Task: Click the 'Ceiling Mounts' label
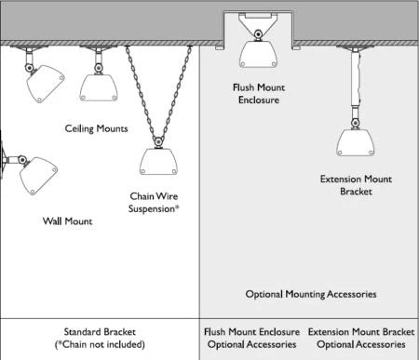point(96,128)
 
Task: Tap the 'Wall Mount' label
point(67,221)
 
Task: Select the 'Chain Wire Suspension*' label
point(154,202)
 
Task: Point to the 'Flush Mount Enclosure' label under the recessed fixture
point(259,94)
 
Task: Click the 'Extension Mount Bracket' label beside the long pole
point(356,185)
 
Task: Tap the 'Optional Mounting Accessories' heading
point(311,294)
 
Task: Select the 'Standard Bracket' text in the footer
point(100,332)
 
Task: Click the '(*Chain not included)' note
point(100,344)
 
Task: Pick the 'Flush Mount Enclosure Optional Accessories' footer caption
point(251,338)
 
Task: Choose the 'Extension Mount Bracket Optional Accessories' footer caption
point(361,338)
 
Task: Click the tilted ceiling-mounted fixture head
point(46,84)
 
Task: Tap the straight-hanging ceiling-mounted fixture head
point(99,87)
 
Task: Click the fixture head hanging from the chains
point(158,162)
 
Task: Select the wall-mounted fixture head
point(38,176)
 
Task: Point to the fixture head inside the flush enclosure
point(258,55)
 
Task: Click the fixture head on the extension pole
point(356,142)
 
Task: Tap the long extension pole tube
point(356,79)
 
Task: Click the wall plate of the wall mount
point(2,159)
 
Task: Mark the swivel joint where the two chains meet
point(158,142)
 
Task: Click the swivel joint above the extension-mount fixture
point(356,124)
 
